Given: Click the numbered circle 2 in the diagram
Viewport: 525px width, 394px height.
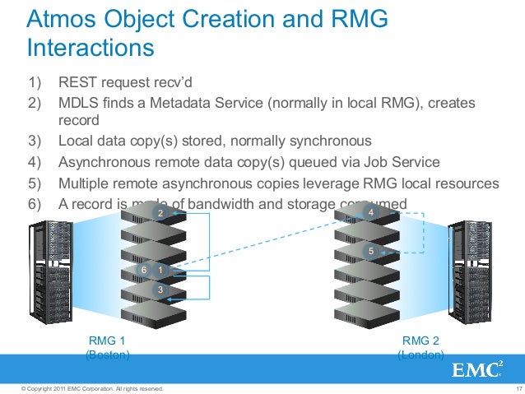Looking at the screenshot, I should coord(160,214).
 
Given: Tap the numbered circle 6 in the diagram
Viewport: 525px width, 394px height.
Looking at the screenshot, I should coord(144,269).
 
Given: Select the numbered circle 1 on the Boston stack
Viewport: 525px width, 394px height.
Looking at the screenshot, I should coord(160,269).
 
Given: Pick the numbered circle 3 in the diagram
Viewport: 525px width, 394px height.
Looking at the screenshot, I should coord(160,290).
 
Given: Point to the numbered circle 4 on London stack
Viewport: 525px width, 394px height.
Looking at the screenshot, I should coord(371,213).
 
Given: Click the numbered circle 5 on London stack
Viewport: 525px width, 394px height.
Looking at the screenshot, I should coord(371,250).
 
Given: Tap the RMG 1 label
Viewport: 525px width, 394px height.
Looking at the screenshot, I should coord(106,340).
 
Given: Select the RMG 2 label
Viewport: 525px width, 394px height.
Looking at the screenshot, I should coord(420,340).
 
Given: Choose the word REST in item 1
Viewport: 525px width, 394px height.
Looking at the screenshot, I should coord(75,82).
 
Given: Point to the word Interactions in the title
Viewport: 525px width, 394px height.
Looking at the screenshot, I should coord(91,48).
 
